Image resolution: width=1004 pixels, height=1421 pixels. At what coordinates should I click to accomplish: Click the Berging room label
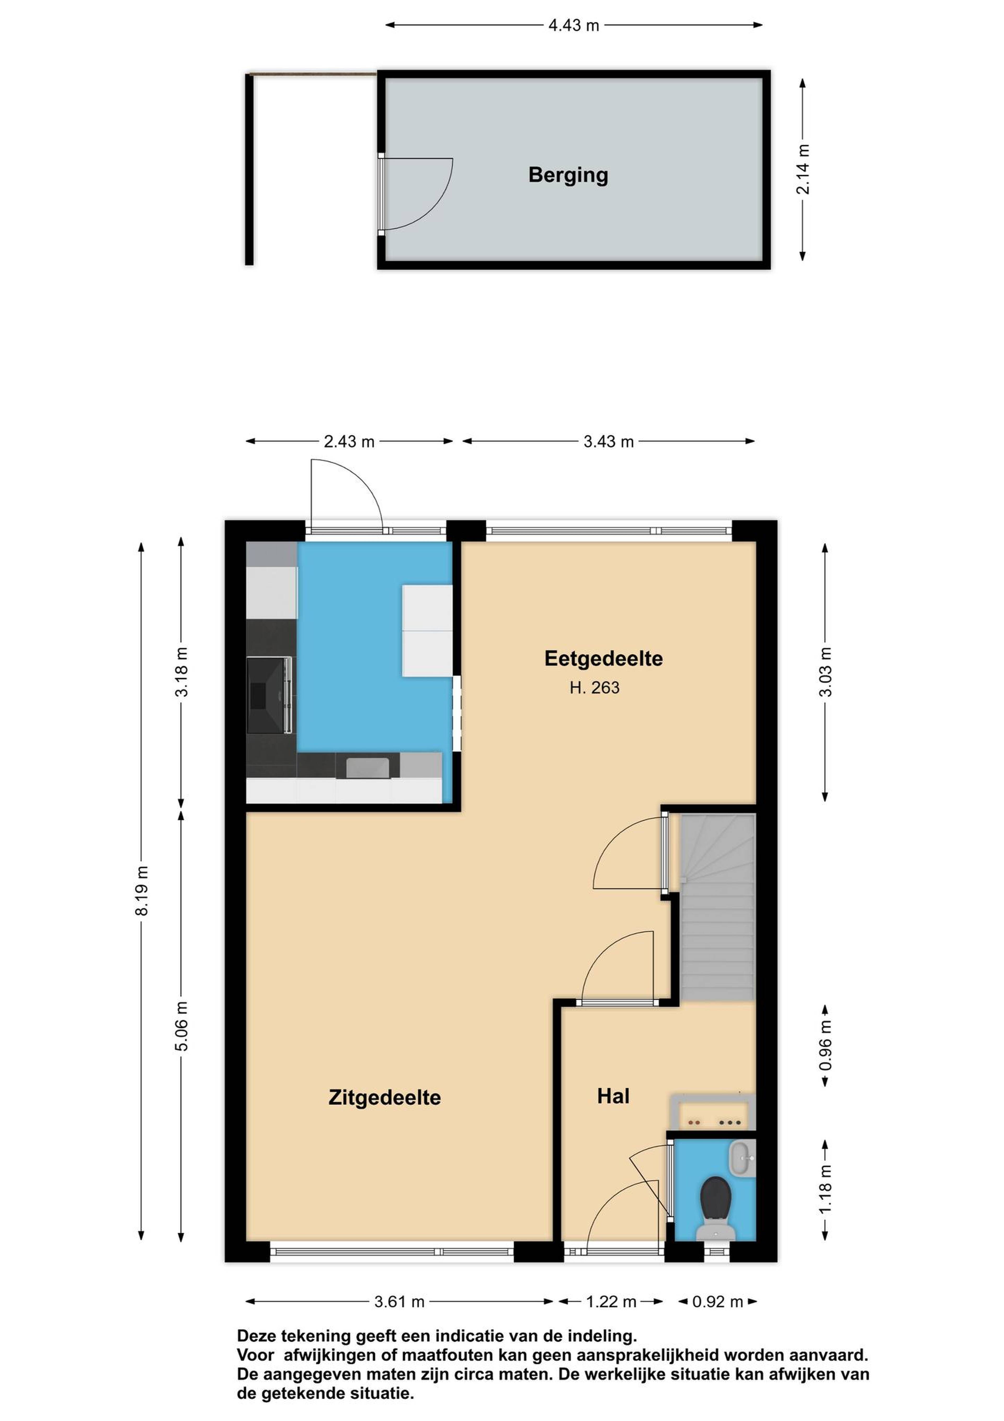(568, 175)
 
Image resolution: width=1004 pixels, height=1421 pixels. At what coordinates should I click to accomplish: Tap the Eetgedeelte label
(603, 659)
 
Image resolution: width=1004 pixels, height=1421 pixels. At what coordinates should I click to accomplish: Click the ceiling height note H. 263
(595, 688)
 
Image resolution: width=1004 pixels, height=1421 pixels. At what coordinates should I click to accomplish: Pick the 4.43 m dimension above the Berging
(573, 25)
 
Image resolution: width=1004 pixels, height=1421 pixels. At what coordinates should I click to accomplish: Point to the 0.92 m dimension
(718, 1301)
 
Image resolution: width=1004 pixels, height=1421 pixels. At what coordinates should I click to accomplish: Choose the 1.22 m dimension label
(611, 1301)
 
